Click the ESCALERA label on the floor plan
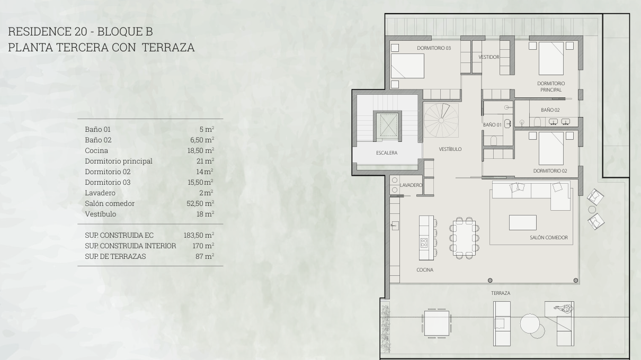point(387,153)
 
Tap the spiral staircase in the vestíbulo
point(441,120)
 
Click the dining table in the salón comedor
point(464,238)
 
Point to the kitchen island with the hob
point(426,238)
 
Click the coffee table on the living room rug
point(522,222)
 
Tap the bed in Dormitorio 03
point(407,66)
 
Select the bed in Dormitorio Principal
point(551,58)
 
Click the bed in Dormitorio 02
point(551,148)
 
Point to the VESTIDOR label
point(489,57)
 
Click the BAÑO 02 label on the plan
point(550,110)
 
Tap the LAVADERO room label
point(411,185)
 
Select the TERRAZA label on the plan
point(501,293)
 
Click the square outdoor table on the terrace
point(437,323)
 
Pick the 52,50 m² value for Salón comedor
point(200,203)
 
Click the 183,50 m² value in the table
point(199,235)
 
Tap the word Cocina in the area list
point(96,150)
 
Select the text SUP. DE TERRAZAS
point(115,256)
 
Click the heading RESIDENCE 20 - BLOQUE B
point(81,31)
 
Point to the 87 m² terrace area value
point(205,256)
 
